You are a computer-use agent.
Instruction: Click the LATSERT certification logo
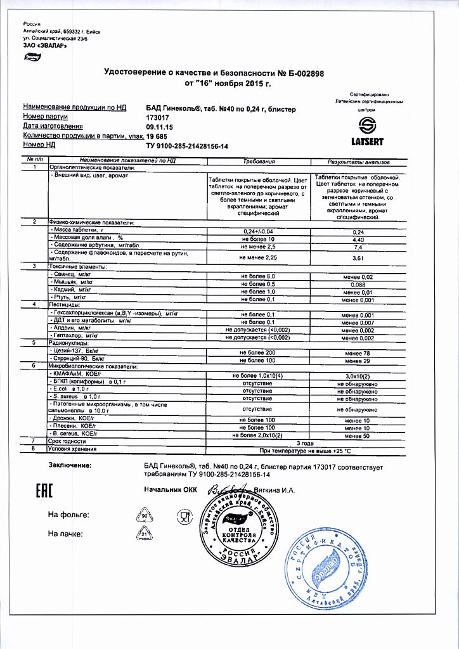[367, 131]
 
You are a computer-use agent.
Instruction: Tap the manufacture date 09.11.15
[158, 127]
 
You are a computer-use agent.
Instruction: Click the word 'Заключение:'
[70, 466]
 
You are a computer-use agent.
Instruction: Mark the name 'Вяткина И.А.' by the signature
[275, 491]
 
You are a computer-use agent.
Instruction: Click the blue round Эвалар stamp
[325, 565]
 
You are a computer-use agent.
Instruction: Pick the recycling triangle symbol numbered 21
[144, 534]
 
